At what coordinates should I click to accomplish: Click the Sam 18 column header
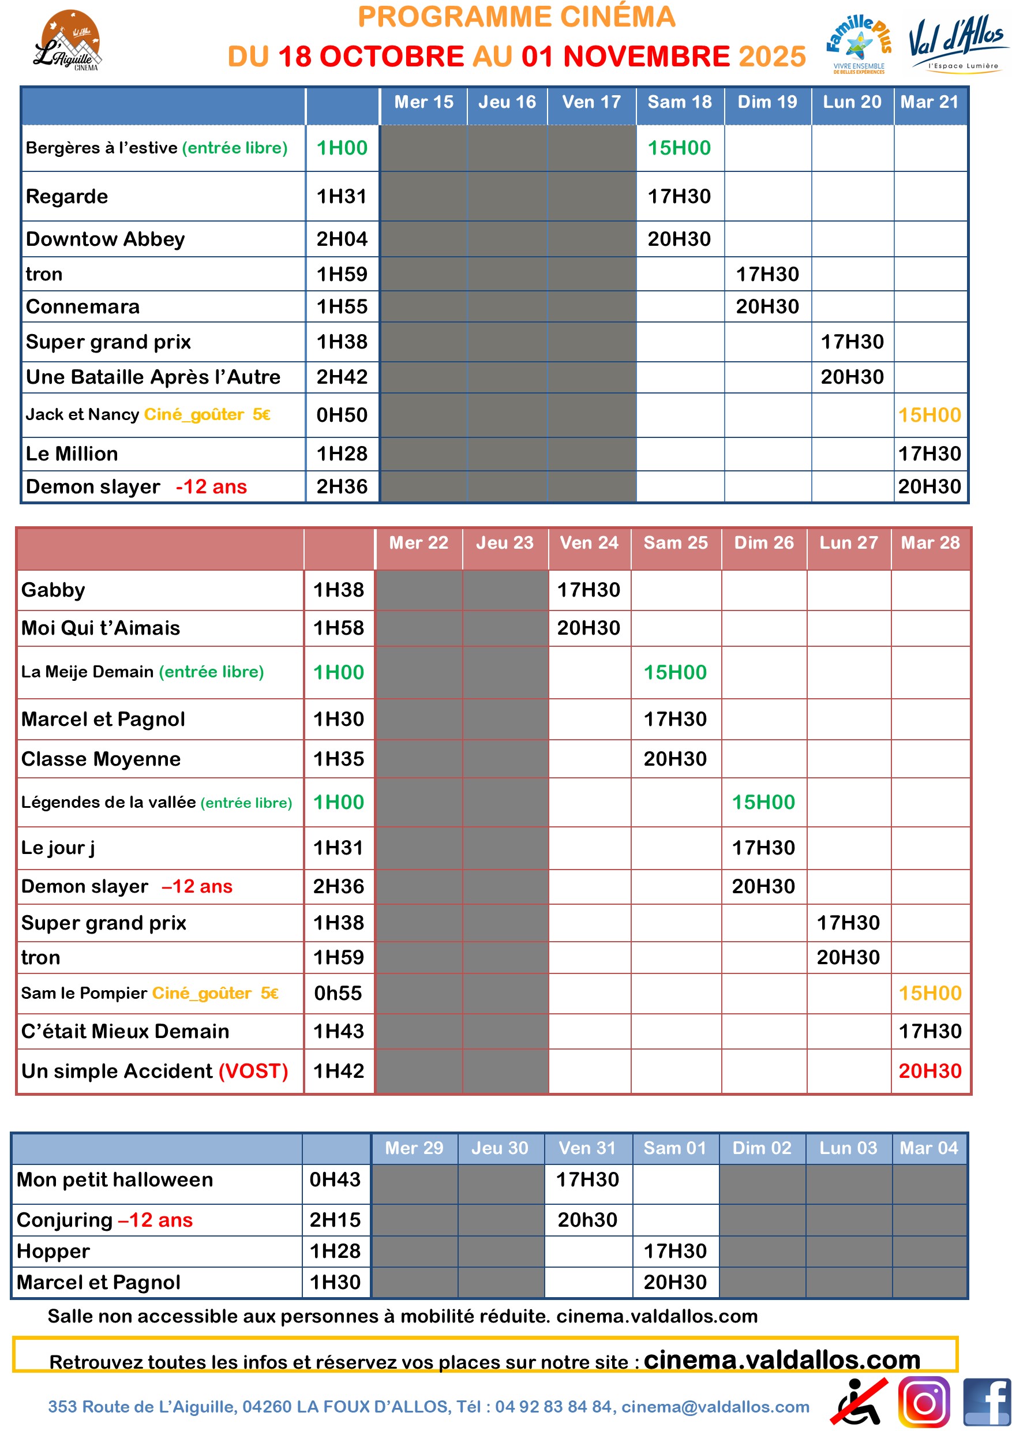coord(679,102)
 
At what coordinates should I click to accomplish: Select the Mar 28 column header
coord(929,543)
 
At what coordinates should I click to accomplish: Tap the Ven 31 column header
coord(587,1148)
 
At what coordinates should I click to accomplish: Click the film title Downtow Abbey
coord(106,239)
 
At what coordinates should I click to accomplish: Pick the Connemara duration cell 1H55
coord(342,306)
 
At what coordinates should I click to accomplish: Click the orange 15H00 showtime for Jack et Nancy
coord(929,415)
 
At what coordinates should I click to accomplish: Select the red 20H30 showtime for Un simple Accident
coord(929,1071)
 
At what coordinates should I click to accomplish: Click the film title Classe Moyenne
coord(101,759)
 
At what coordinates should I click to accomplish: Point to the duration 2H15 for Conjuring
coord(335,1220)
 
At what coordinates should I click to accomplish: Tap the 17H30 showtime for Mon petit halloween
coord(587,1179)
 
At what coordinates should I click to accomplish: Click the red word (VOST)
coord(253,1071)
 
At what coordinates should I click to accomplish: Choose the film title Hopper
coord(54,1251)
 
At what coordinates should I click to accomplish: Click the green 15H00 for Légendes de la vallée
coord(763,802)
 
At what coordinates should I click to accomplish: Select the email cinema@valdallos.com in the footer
coord(715,1407)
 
